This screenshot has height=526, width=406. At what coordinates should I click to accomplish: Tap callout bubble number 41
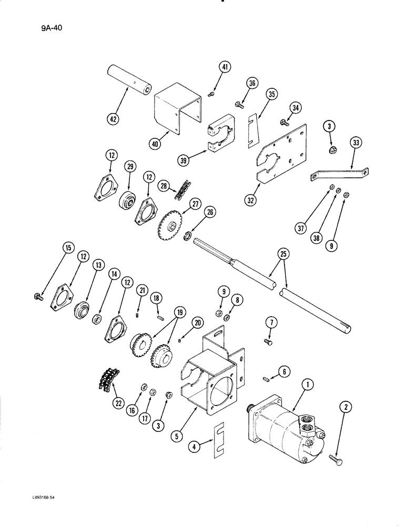[x=226, y=68]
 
